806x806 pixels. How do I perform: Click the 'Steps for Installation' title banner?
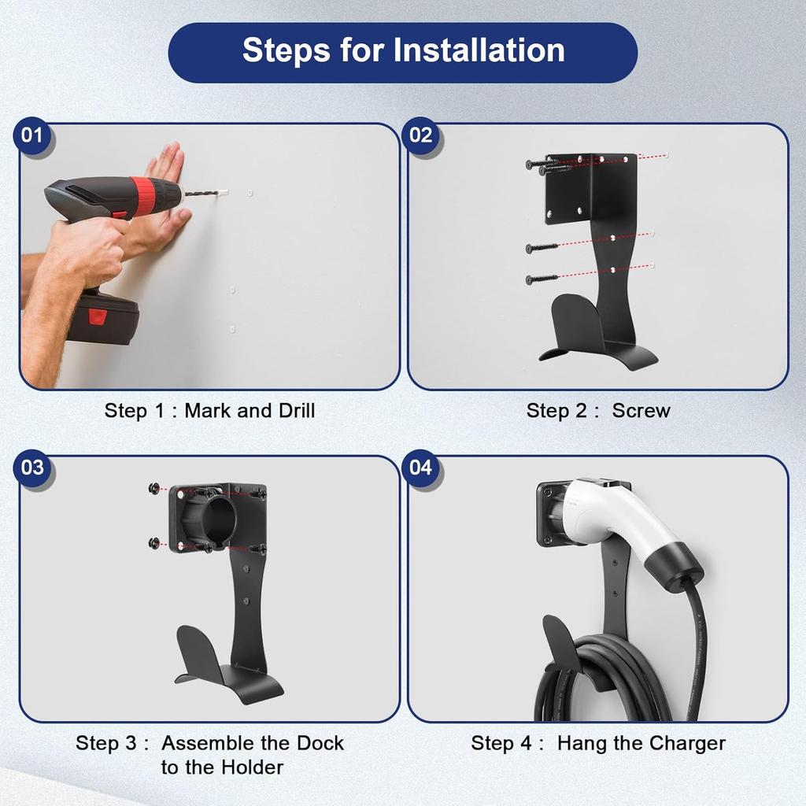[x=402, y=51]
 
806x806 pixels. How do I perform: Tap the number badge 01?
[x=32, y=135]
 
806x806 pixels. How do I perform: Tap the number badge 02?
[x=421, y=135]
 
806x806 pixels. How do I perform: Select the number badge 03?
[x=32, y=468]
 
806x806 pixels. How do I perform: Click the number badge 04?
[x=421, y=468]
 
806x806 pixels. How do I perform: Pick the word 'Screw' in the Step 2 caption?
[x=641, y=410]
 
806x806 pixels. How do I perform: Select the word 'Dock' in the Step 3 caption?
[x=320, y=743]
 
